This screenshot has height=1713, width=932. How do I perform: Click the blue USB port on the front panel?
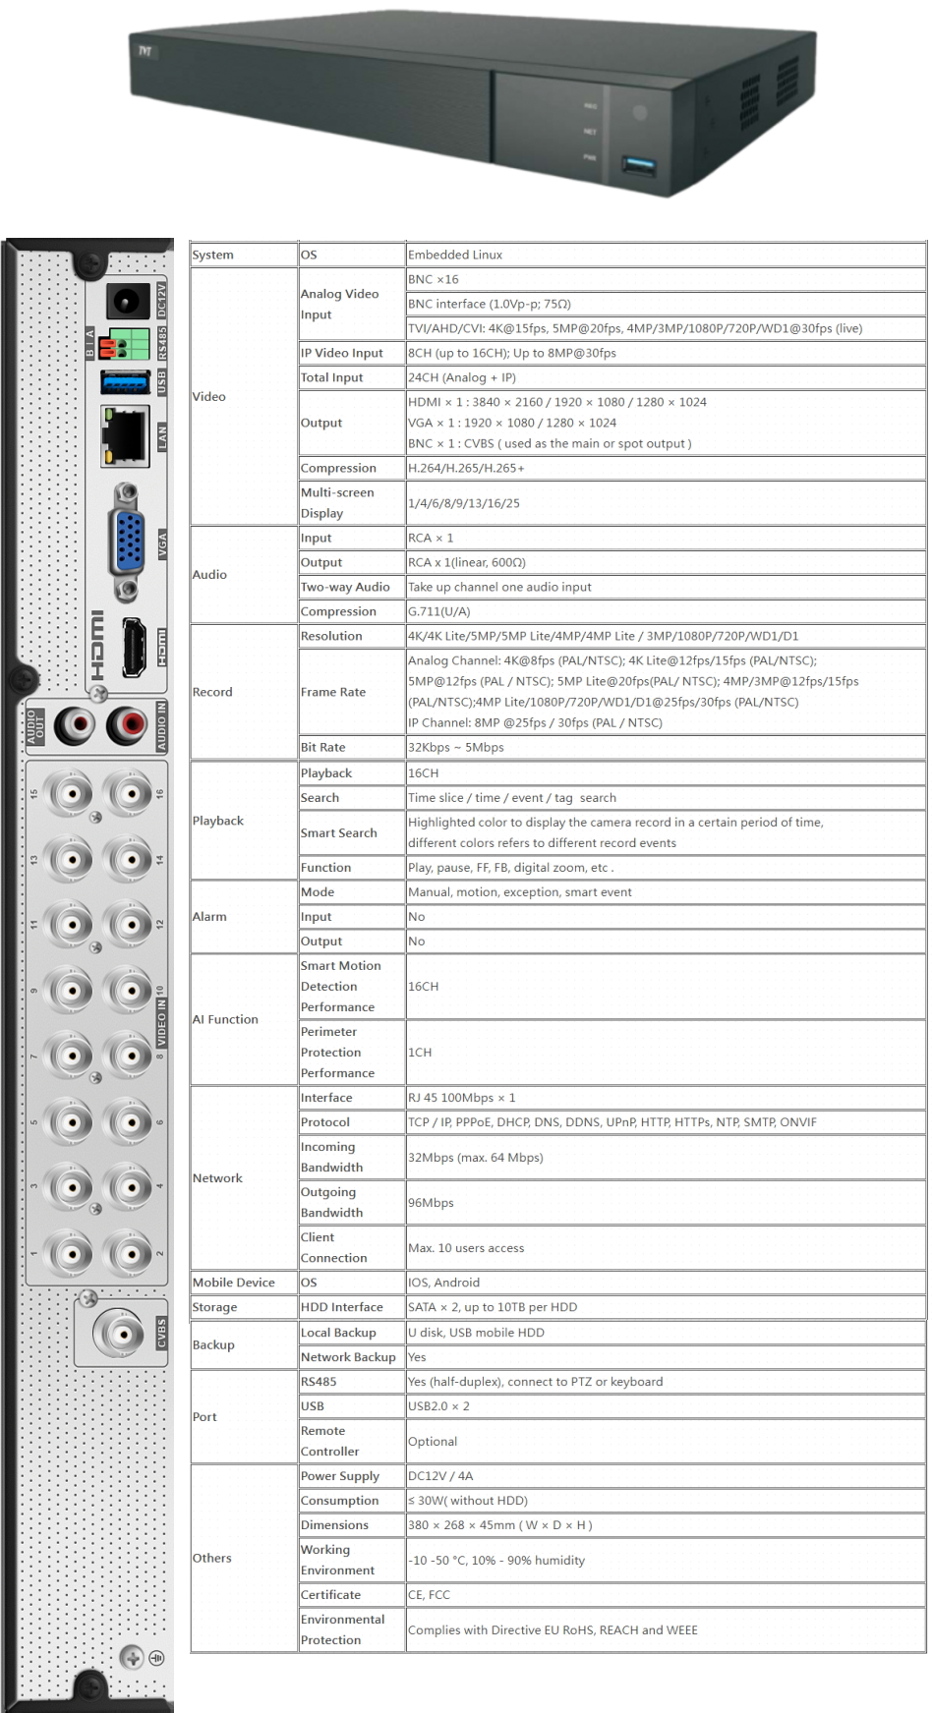pyautogui.click(x=638, y=166)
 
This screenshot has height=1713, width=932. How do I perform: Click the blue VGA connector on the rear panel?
pyautogui.click(x=128, y=541)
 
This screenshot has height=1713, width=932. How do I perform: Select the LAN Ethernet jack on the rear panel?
pyautogui.click(x=124, y=435)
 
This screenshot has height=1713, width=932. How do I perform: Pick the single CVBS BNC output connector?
pyautogui.click(x=119, y=1334)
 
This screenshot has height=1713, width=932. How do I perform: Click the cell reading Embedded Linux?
pyautogui.click(x=455, y=255)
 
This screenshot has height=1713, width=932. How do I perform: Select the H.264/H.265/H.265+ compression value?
pyautogui.click(x=466, y=468)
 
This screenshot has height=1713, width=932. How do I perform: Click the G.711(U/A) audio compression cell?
pyautogui.click(x=439, y=611)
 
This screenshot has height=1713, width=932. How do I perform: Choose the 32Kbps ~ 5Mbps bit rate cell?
pyautogui.click(x=456, y=747)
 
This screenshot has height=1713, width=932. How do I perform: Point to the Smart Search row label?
pyautogui.click(x=339, y=832)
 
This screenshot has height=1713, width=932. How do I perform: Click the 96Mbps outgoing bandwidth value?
pyautogui.click(x=432, y=1203)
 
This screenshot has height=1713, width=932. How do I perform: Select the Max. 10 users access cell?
pyautogui.click(x=466, y=1248)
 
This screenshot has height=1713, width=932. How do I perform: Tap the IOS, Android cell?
pyautogui.click(x=444, y=1283)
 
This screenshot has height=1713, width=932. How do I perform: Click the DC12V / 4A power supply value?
pyautogui.click(x=440, y=1476)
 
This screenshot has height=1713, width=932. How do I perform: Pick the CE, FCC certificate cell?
pyautogui.click(x=430, y=1595)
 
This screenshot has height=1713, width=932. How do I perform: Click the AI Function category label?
pyautogui.click(x=226, y=1019)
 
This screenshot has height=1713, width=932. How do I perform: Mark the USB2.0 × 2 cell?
pyautogui.click(x=439, y=1406)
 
